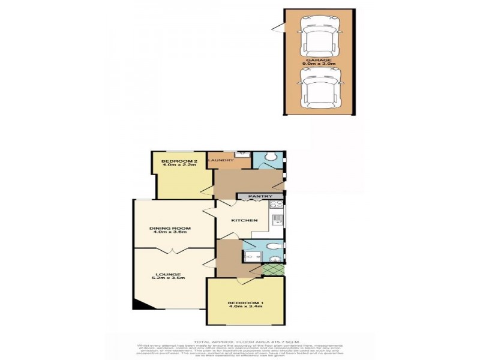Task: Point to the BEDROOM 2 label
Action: click(x=179, y=161)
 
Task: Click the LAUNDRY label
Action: click(x=220, y=160)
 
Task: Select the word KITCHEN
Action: click(x=245, y=220)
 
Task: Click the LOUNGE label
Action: click(x=168, y=274)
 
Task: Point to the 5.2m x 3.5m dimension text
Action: click(x=168, y=279)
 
